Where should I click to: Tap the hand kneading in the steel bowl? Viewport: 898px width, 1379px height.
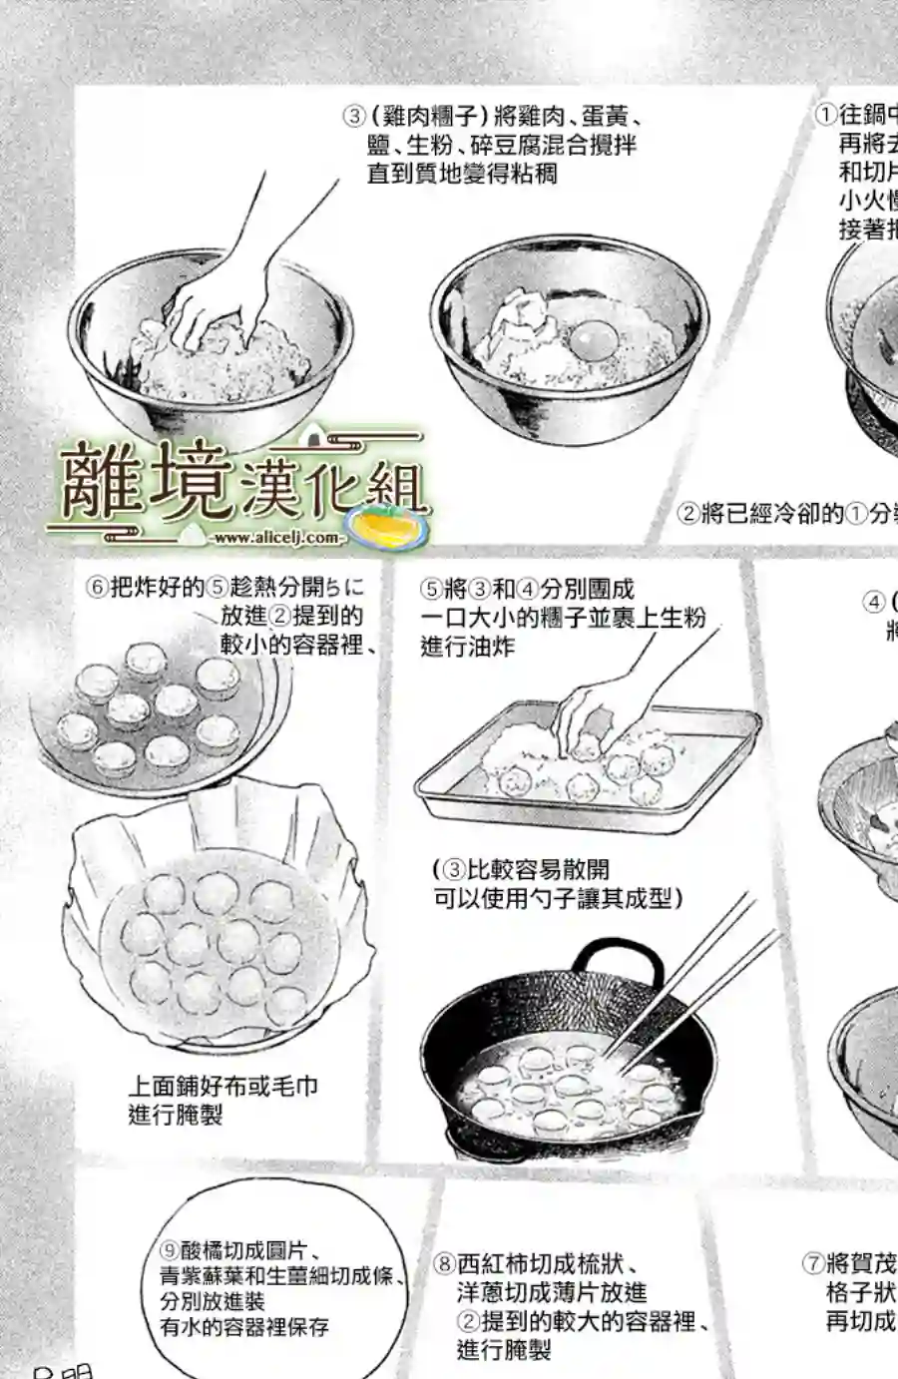click(x=214, y=309)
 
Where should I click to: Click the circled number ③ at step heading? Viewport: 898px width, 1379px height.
click(x=354, y=116)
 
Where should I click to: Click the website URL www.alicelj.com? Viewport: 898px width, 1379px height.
click(x=276, y=538)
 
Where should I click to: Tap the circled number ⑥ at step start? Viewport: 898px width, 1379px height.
click(x=97, y=587)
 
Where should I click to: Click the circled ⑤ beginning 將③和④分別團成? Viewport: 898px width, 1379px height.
click(x=430, y=589)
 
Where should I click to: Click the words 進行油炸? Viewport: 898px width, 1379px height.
click(x=467, y=647)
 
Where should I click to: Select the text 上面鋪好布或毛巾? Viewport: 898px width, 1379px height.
click(x=223, y=1086)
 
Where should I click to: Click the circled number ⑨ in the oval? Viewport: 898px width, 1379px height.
click(x=169, y=1251)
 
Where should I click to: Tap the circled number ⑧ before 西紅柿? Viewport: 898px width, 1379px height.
click(x=444, y=1265)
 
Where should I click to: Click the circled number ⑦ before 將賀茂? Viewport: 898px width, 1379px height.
click(x=813, y=1263)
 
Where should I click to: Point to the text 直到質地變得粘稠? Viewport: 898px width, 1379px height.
click(x=462, y=174)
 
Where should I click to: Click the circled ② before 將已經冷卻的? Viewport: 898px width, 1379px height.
click(x=688, y=514)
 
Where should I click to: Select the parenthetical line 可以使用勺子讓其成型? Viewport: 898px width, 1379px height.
click(x=557, y=898)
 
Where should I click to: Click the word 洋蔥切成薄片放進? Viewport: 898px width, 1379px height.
click(x=552, y=1293)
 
